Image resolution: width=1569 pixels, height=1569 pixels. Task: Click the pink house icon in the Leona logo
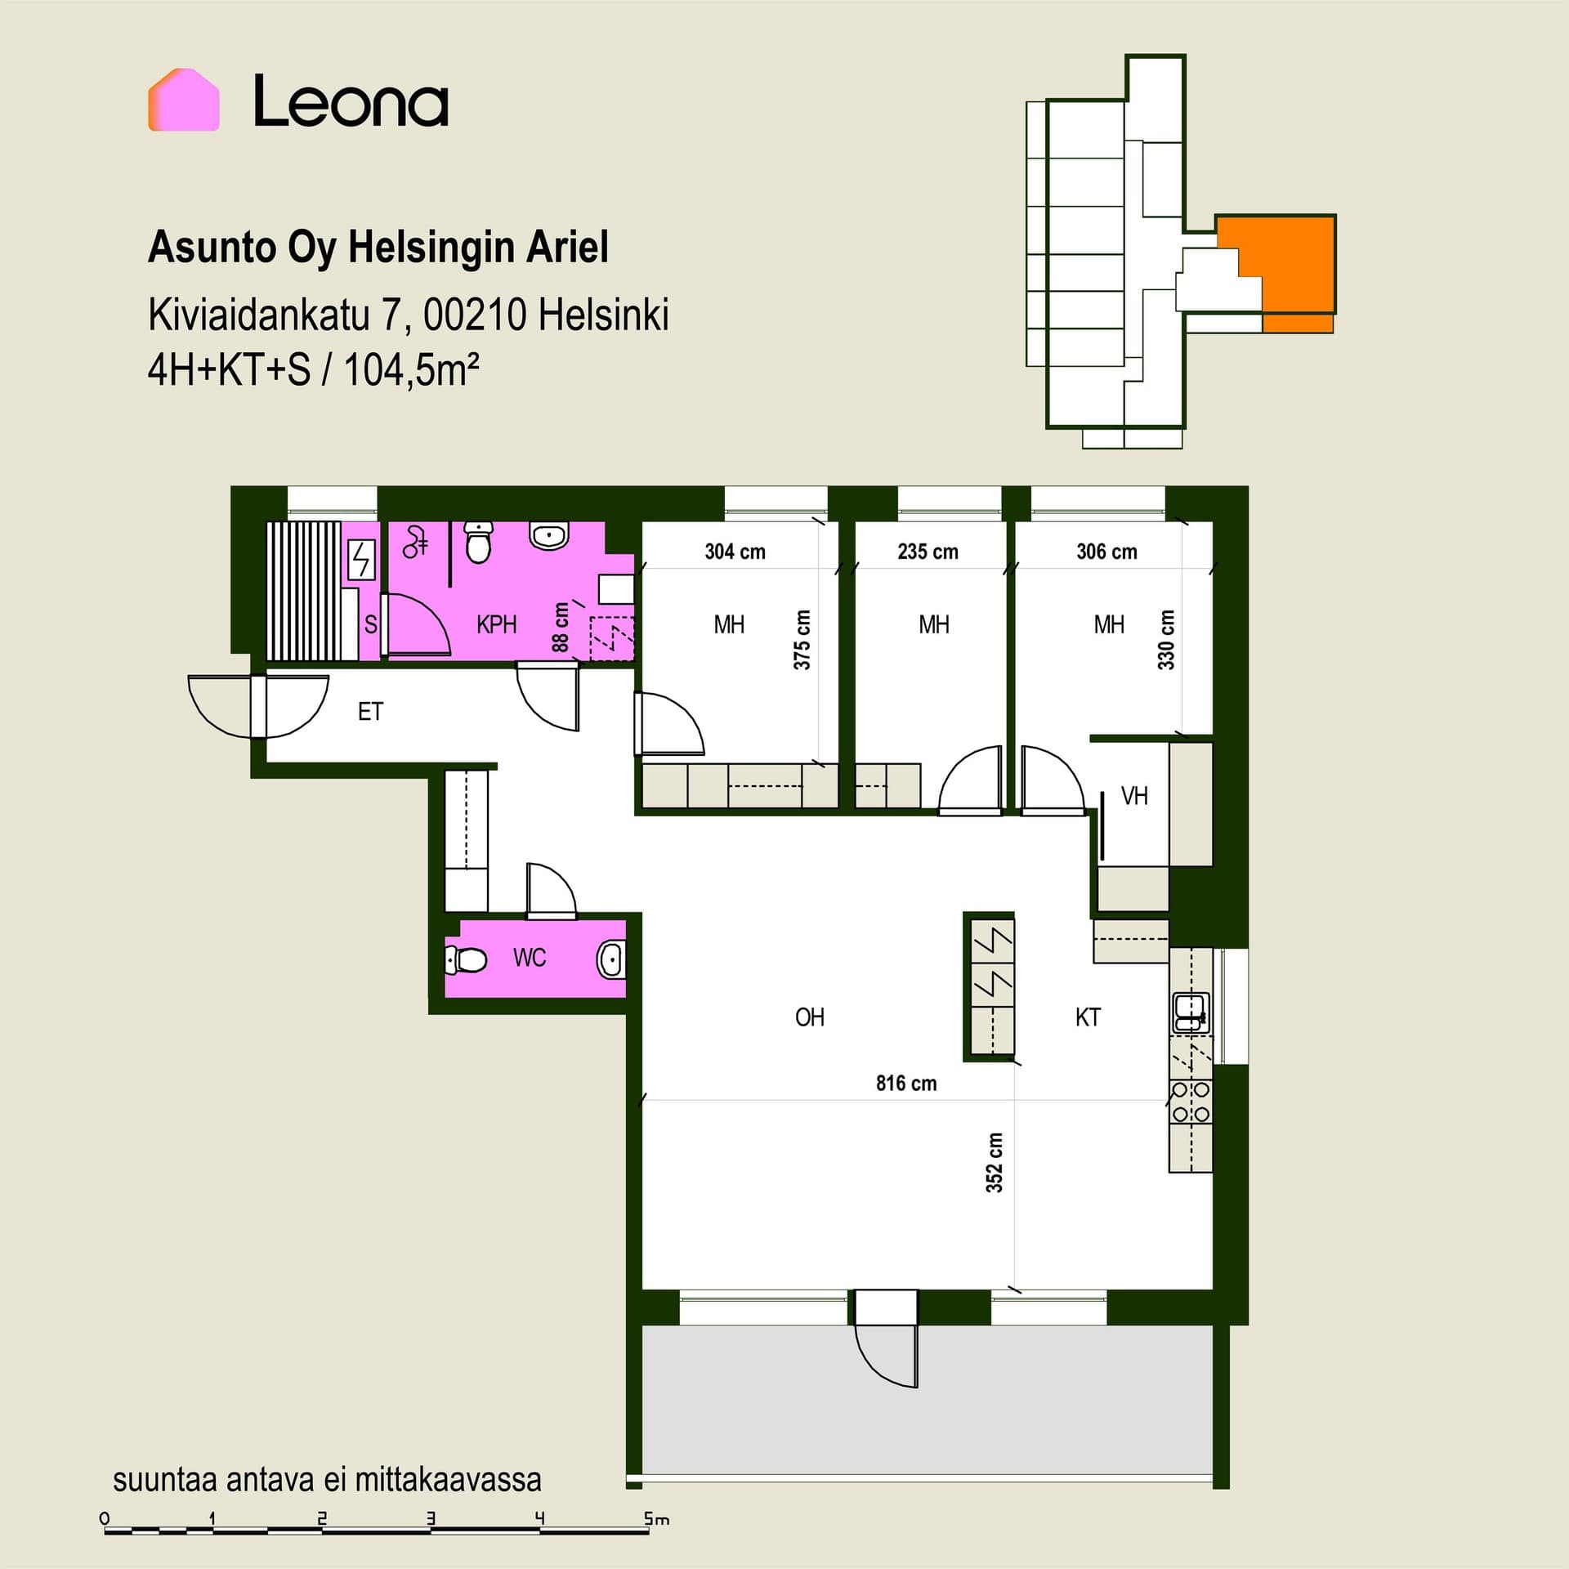[x=184, y=100]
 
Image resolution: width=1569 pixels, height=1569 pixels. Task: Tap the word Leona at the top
[x=351, y=101]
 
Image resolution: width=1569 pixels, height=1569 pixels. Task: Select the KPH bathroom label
[x=497, y=625]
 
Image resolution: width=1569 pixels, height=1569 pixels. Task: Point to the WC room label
[x=530, y=958]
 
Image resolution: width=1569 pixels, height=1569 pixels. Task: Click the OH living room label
[x=810, y=1017]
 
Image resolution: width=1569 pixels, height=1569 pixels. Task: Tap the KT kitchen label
[x=1088, y=1017]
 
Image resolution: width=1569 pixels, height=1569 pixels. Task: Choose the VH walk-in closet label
[x=1134, y=796]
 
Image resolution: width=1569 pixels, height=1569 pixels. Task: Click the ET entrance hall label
[x=370, y=712]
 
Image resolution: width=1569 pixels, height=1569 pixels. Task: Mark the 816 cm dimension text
[x=906, y=1084]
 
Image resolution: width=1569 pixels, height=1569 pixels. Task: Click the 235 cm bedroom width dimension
[x=928, y=552]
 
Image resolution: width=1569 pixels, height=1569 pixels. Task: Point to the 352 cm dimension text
[x=995, y=1162]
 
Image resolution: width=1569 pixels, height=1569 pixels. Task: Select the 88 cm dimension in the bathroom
[x=561, y=627]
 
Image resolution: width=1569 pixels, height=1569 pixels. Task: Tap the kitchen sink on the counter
[x=1190, y=1012]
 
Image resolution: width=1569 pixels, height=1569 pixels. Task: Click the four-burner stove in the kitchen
[x=1191, y=1102]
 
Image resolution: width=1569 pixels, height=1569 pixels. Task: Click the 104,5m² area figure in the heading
[x=411, y=370]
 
